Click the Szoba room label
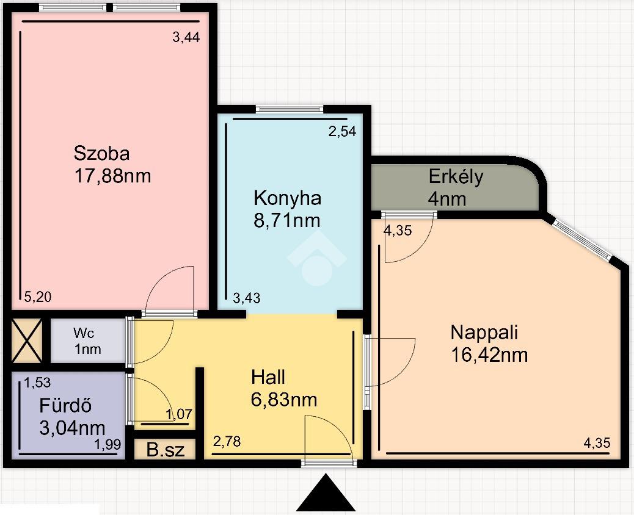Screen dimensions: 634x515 click(101, 154)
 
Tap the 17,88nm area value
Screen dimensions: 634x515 click(112, 176)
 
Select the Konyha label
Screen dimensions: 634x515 click(288, 198)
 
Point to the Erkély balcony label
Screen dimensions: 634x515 click(456, 177)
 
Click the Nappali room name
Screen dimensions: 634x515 click(484, 333)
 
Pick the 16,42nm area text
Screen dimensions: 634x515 click(489, 355)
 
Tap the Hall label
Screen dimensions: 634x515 click(268, 377)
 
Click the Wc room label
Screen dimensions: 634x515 click(84, 333)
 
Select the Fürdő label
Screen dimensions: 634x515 click(65, 406)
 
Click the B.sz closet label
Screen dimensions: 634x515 click(166, 450)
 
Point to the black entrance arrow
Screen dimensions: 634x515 click(326, 493)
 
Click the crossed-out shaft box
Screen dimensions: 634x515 click(27, 340)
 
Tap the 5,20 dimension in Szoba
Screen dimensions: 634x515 click(38, 297)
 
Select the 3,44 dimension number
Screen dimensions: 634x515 click(186, 37)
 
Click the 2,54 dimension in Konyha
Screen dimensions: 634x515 click(342, 131)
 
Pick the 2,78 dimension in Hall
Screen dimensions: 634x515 click(227, 442)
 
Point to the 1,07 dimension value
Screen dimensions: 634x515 click(179, 414)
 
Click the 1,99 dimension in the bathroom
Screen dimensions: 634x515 click(107, 444)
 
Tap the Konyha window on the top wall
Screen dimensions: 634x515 click(290, 109)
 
